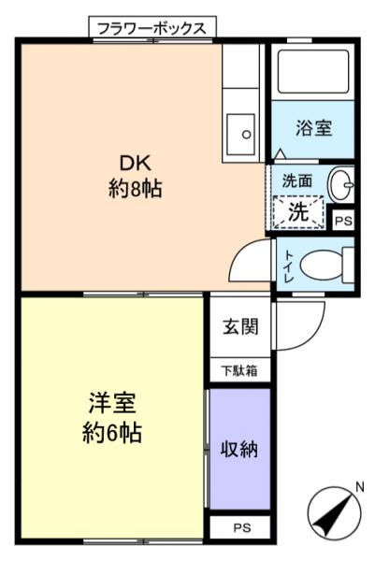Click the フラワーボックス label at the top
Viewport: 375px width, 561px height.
point(152,27)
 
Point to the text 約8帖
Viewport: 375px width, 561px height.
point(134,188)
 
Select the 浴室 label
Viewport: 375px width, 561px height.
point(312,128)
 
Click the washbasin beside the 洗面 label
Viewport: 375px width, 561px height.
point(342,185)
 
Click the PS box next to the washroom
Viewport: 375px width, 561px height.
point(343,222)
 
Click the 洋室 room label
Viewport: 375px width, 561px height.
point(112,404)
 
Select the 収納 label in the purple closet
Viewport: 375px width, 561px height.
point(239,450)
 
